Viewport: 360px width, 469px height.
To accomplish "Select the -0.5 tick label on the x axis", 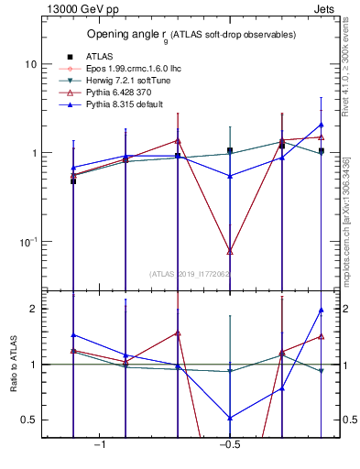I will point(229,445).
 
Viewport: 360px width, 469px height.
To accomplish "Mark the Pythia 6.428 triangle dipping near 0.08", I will point(230,250).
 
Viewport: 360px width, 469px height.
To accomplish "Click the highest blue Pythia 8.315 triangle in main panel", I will point(322,125).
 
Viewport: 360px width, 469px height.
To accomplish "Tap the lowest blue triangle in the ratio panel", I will point(230,418).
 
